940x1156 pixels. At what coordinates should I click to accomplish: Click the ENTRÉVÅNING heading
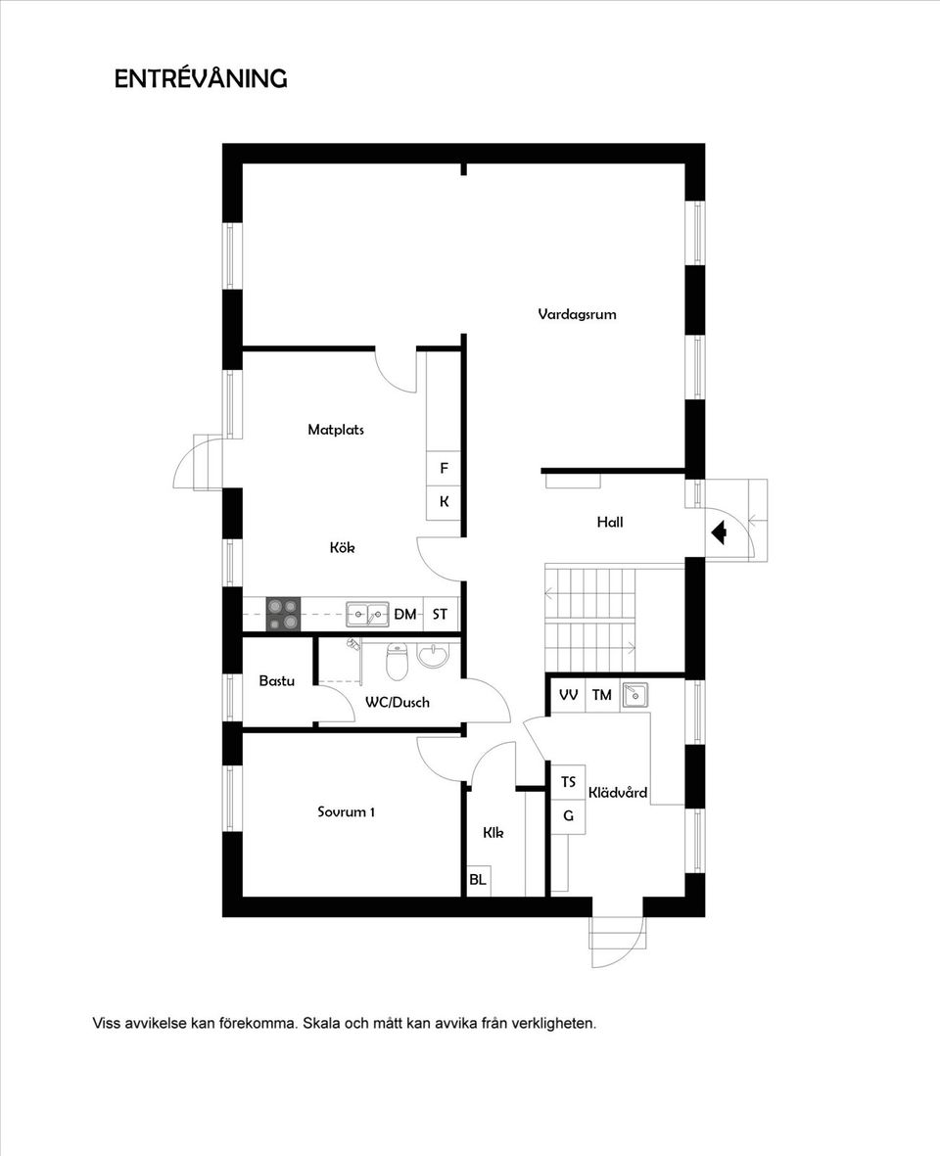tap(201, 78)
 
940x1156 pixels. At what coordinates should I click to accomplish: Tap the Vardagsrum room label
tap(577, 314)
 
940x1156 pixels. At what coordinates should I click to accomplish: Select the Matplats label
tap(336, 429)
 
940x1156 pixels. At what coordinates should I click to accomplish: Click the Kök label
tap(342, 547)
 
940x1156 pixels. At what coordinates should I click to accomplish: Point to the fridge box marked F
tap(444, 468)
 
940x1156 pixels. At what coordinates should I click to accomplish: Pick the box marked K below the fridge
tap(444, 502)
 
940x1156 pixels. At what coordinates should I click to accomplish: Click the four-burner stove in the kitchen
tap(283, 614)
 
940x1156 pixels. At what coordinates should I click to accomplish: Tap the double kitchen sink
tap(368, 614)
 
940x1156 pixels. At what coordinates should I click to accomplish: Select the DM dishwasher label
tap(404, 614)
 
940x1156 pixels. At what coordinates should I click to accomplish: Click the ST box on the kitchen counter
tap(441, 614)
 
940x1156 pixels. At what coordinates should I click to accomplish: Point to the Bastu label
tap(276, 680)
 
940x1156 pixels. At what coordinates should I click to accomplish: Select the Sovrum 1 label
tap(347, 811)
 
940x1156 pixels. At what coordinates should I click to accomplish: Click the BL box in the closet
tap(478, 880)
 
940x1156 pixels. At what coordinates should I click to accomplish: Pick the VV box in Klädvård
tap(569, 695)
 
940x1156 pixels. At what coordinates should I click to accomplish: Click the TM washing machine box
tap(601, 695)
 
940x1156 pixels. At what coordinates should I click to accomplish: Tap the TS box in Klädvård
tap(569, 781)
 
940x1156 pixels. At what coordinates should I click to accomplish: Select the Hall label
tap(610, 522)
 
